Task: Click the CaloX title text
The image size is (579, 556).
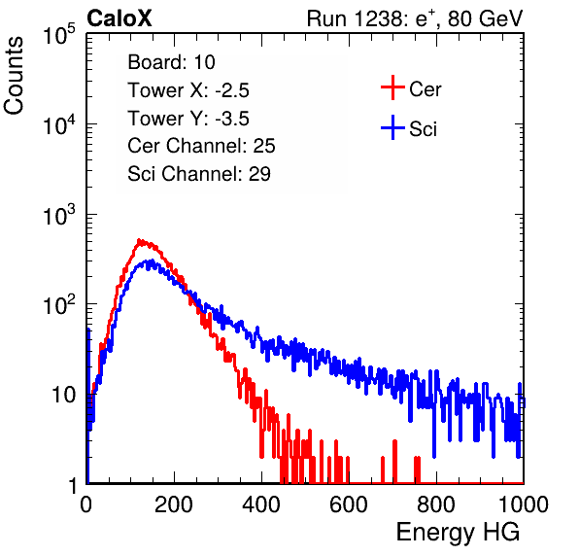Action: point(119,18)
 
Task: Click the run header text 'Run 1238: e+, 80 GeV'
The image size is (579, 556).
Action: point(415,18)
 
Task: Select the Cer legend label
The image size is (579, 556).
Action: point(425,89)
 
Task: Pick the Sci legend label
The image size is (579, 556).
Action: point(424,129)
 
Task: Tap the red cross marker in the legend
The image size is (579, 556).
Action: point(392,87)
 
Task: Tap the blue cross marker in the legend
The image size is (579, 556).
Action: point(392,127)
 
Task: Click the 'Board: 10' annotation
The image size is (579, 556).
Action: point(171,62)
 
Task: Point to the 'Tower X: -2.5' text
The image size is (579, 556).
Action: point(188,90)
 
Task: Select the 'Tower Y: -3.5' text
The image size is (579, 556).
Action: point(188,119)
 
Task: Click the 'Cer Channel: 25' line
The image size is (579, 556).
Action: point(201,146)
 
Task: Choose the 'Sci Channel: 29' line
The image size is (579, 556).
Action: point(199,174)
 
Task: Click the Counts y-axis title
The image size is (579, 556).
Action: point(14,76)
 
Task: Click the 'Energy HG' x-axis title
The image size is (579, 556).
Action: point(458,533)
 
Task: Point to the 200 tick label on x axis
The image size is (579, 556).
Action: point(174,504)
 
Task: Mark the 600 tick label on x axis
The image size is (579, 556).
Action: point(349,504)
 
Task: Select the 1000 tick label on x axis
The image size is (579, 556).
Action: point(524,504)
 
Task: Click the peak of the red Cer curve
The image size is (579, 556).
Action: point(139,240)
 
